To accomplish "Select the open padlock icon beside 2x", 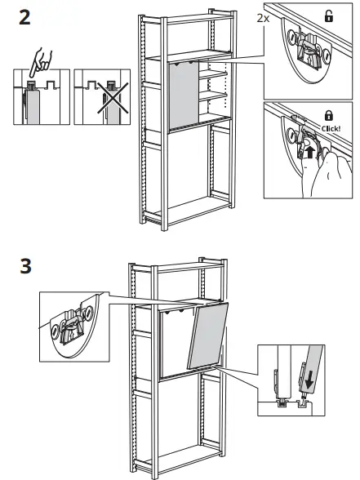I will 329,15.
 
